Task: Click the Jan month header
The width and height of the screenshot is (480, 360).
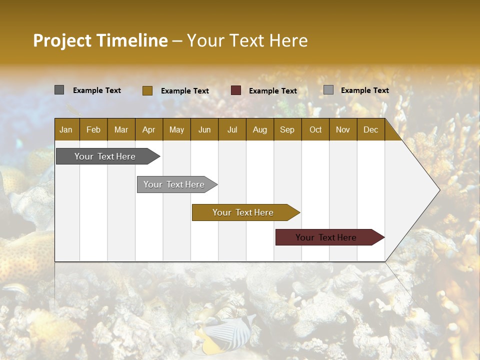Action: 66,129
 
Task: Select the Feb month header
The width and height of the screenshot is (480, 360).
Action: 93,129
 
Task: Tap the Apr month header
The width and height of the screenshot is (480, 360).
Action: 148,129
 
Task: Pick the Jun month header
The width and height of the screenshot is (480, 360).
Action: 204,129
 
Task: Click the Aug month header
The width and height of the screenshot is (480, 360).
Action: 259,129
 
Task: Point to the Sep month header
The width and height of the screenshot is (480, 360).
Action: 287,129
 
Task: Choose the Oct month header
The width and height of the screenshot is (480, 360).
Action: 315,129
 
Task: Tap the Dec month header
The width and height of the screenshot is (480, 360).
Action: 370,129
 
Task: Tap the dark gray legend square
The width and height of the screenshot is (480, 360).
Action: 59,90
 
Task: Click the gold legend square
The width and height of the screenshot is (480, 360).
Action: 147,90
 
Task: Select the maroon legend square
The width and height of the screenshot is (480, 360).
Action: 236,90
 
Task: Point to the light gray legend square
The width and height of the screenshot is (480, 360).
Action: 328,90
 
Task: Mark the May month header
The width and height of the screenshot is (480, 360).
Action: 176,129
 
